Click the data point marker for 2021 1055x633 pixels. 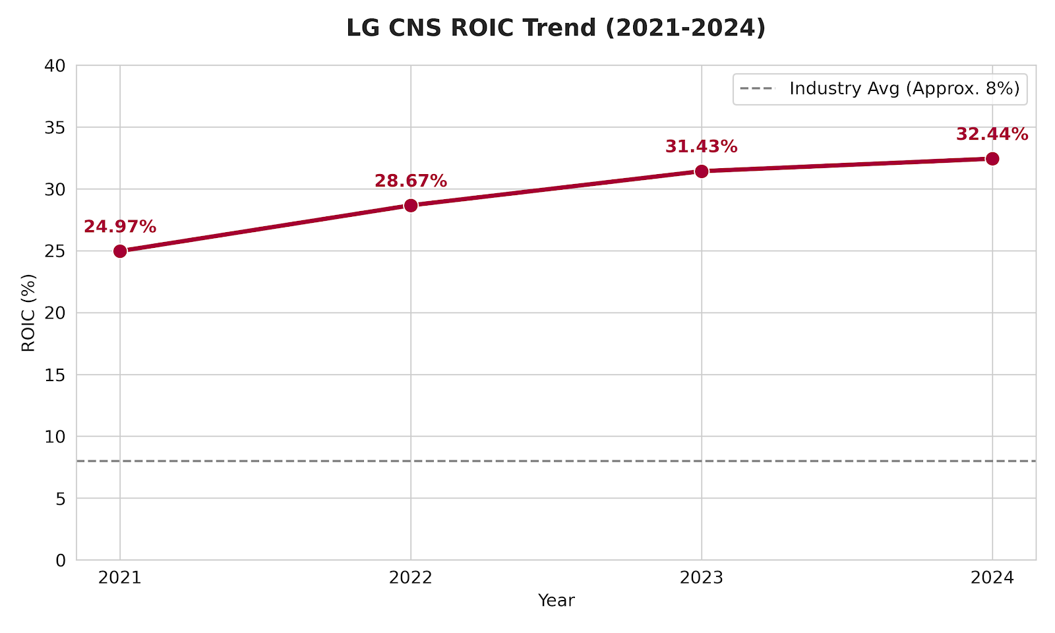click(120, 251)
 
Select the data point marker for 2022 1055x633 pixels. click(411, 205)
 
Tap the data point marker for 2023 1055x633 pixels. click(702, 171)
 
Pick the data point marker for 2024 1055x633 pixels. click(992, 159)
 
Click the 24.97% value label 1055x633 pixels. click(120, 227)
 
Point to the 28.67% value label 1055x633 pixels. click(411, 181)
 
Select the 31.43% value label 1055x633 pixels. click(701, 147)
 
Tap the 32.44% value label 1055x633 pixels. click(992, 135)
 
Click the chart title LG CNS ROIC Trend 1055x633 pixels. click(556, 28)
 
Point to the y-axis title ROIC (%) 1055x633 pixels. click(28, 313)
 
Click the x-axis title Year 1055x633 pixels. click(556, 601)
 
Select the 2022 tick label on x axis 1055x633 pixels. click(411, 578)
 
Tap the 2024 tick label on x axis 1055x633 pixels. click(992, 578)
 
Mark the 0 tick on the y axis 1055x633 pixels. click(61, 560)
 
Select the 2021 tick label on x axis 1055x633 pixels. click(120, 578)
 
